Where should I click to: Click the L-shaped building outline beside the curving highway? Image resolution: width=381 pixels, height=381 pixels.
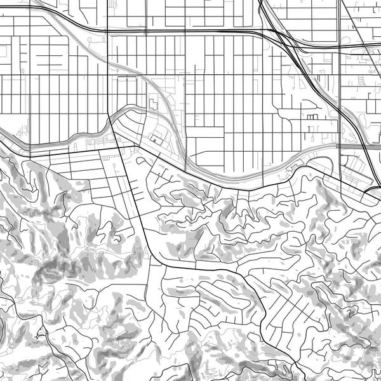point(153,102)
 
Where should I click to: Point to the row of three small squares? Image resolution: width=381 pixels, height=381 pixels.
point(311,118)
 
